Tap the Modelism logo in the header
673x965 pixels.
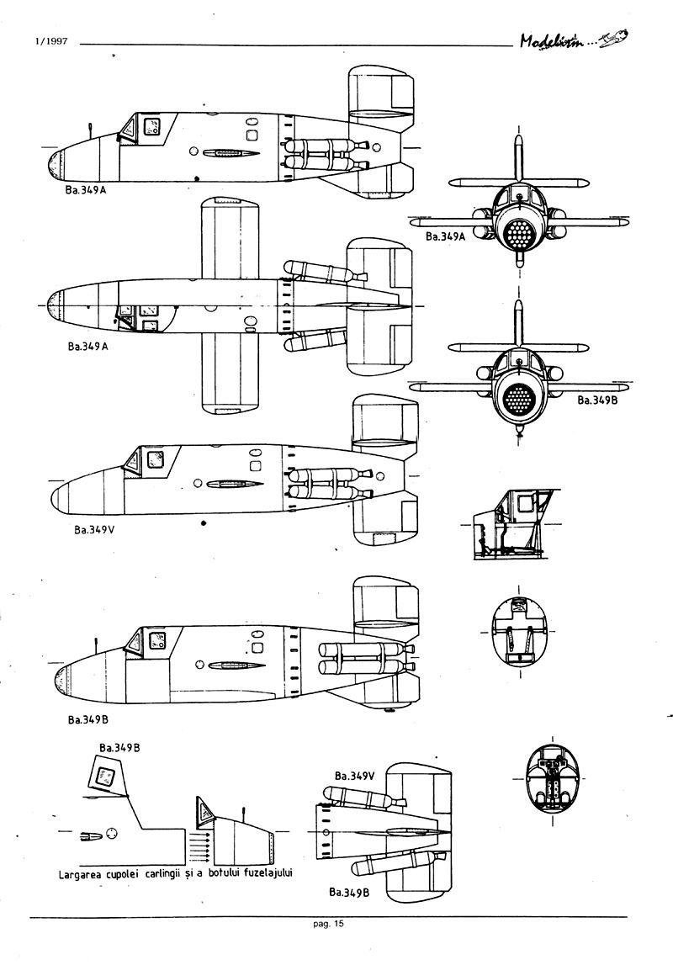coord(577,40)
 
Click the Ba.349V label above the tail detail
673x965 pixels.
coord(354,776)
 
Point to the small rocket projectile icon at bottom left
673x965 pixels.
coord(89,835)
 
